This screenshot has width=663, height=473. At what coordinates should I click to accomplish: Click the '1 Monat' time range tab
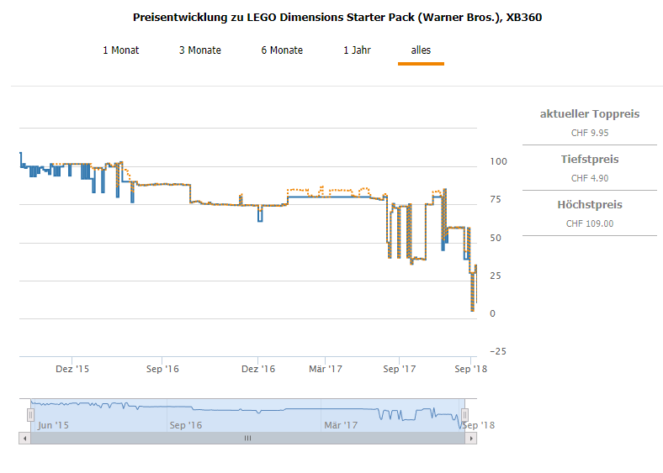[x=121, y=50]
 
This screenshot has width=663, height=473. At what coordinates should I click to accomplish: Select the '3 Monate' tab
[x=200, y=50]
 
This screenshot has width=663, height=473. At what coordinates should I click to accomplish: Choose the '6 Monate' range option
[x=282, y=50]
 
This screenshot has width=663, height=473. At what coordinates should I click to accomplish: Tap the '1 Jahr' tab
[x=357, y=50]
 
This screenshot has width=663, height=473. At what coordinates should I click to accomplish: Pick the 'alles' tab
[x=421, y=50]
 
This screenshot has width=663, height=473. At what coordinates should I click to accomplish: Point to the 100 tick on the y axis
[x=498, y=161]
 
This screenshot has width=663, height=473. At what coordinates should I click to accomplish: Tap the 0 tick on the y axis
[x=493, y=313]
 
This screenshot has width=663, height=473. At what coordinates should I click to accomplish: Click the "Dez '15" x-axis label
[x=72, y=369]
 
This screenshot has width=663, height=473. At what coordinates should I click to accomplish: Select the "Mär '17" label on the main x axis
[x=325, y=369]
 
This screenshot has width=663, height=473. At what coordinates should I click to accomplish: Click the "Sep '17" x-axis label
[x=400, y=369]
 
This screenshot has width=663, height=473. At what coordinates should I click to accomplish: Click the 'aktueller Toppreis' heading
[x=590, y=113]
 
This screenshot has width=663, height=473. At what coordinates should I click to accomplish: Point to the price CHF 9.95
[x=590, y=133]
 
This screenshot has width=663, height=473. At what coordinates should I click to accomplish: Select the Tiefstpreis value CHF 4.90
[x=590, y=178]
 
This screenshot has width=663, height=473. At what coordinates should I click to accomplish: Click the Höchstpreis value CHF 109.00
[x=590, y=223]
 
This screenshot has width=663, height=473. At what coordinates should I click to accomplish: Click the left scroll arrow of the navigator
[x=24, y=438]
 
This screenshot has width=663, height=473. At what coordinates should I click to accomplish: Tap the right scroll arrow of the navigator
[x=471, y=438]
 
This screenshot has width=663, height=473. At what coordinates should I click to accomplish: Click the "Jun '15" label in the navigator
[x=52, y=425]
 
